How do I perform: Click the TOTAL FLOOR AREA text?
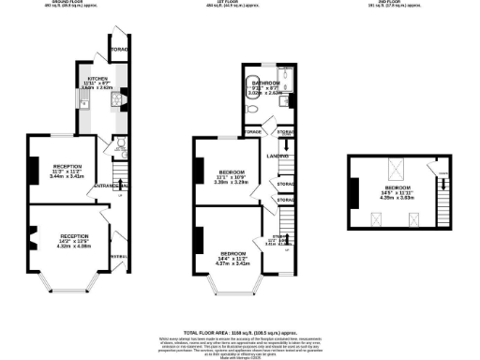(x=221, y=332)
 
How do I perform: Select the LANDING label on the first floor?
(x=275, y=155)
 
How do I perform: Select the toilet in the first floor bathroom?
(x=253, y=109)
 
